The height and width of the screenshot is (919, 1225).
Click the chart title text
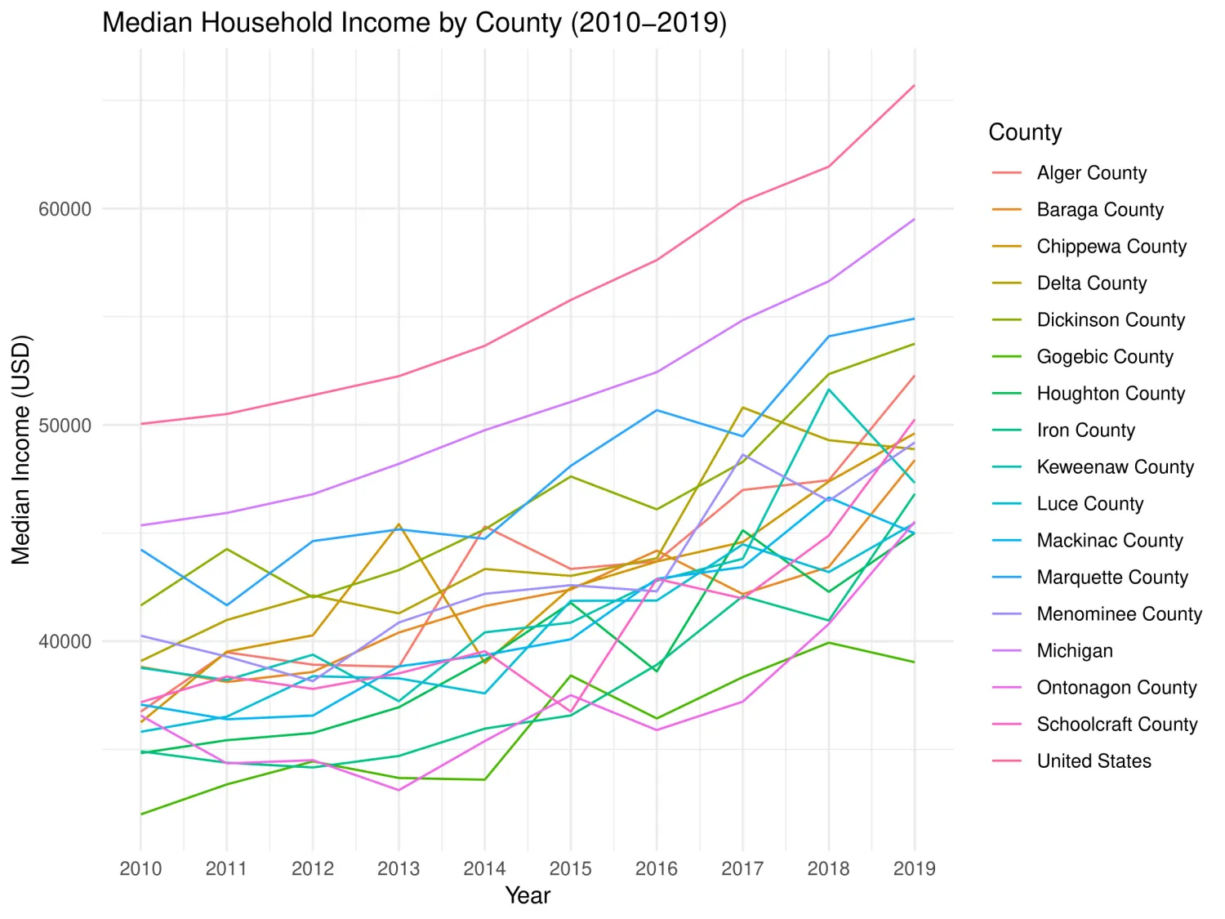click(414, 23)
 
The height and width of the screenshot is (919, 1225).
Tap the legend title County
click(1025, 132)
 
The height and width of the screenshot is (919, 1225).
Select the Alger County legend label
click(1091, 173)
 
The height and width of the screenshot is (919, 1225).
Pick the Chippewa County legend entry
click(1111, 247)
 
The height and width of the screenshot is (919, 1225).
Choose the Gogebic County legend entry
click(1104, 357)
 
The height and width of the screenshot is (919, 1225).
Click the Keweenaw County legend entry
click(1115, 467)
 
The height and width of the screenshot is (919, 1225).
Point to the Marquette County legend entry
click(1111, 578)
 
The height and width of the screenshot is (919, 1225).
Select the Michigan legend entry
click(1074, 651)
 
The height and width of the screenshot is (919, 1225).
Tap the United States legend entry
click(1094, 761)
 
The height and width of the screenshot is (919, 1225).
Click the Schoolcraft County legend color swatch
click(1007, 725)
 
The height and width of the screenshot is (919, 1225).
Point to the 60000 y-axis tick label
click(65, 209)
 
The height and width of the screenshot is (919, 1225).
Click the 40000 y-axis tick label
click(65, 641)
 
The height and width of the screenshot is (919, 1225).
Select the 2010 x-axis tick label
click(140, 868)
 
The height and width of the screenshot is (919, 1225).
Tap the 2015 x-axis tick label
click(570, 868)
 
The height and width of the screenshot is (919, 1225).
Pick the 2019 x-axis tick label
click(914, 868)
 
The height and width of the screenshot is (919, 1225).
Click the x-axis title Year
click(528, 895)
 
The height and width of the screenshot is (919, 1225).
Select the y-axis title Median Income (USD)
click(21, 449)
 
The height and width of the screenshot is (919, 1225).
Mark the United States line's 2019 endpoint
click(914, 85)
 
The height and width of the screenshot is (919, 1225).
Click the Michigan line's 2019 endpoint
click(914, 219)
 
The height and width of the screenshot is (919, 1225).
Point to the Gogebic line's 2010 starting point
click(141, 814)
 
